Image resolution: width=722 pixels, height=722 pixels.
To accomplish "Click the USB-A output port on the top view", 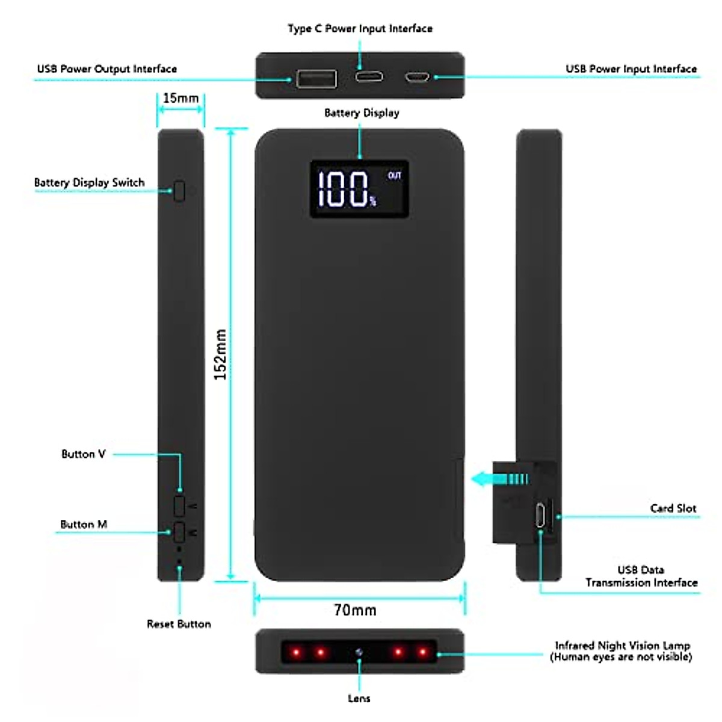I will pyautogui.click(x=316, y=79).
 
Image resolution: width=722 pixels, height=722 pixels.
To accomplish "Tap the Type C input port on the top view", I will pyautogui.click(x=368, y=77).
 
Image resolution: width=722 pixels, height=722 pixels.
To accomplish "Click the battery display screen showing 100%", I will pyautogui.click(x=359, y=189).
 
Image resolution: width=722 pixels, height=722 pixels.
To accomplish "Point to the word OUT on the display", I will pyautogui.click(x=394, y=176).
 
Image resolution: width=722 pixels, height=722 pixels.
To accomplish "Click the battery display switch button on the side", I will pyautogui.click(x=179, y=191).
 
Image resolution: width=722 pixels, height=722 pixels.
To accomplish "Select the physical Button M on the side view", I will pyautogui.click(x=179, y=531).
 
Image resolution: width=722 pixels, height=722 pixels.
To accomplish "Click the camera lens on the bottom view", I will pyautogui.click(x=359, y=652).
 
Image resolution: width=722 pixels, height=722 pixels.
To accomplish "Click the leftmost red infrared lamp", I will pyautogui.click(x=295, y=652).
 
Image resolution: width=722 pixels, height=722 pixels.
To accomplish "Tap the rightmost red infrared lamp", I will pyautogui.click(x=423, y=652).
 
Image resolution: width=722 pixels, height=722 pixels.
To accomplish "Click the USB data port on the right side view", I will pyautogui.click(x=540, y=515).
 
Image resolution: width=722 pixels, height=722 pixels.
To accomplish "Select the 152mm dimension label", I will pyautogui.click(x=221, y=354).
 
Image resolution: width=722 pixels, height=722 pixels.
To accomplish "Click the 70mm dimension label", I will pyautogui.click(x=355, y=610).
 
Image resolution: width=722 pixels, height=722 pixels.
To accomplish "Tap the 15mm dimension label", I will pyautogui.click(x=180, y=98).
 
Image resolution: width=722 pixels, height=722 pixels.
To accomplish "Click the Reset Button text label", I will pyautogui.click(x=179, y=624).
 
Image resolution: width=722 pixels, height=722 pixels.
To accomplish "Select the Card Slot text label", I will pyautogui.click(x=673, y=508).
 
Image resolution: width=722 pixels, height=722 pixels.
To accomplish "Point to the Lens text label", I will pyautogui.click(x=359, y=699).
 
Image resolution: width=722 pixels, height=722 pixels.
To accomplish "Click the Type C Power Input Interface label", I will pyautogui.click(x=360, y=28).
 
